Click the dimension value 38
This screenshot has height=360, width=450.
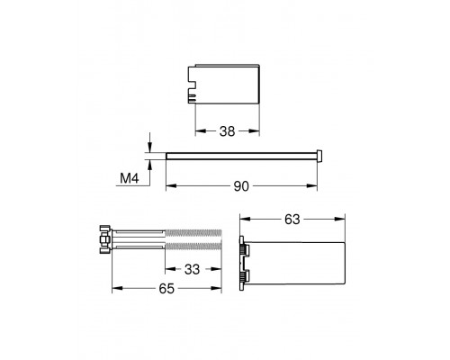(227, 131)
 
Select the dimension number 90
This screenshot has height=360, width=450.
(241, 186)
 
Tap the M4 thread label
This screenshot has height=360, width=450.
(130, 178)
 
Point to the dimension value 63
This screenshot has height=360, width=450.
(292, 220)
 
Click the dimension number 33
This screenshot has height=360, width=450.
(192, 269)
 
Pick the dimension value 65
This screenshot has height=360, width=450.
(166, 289)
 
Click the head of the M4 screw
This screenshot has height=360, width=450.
(319, 156)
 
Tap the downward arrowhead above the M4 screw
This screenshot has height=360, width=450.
(150, 148)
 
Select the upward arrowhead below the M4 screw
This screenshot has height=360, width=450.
(150, 165)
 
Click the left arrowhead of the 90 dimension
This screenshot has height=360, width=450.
(171, 186)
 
